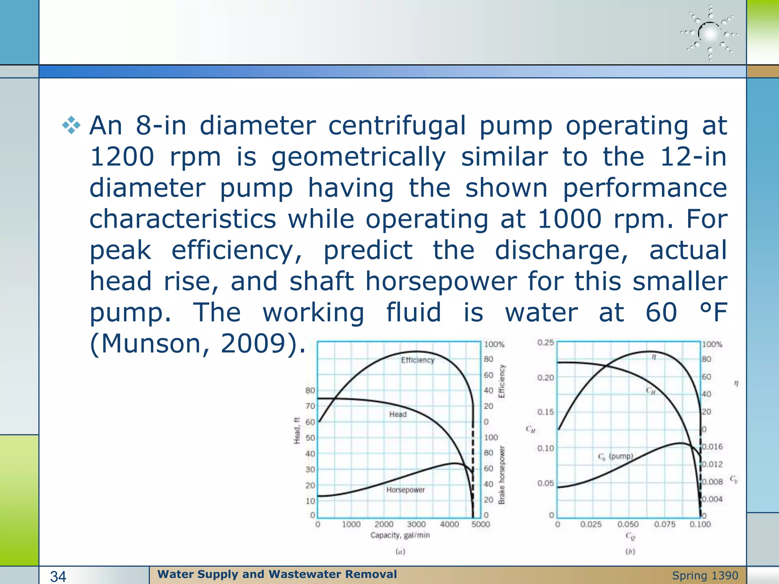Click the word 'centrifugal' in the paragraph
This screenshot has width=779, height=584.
397,126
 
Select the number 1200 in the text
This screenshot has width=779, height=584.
122,157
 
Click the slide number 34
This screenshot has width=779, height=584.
58,576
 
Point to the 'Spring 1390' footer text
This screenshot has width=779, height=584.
705,576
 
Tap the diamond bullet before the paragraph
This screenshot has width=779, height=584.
71,125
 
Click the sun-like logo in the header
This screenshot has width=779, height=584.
710,33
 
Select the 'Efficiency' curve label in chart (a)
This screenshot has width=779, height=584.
417,360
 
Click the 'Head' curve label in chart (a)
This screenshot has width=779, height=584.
398,414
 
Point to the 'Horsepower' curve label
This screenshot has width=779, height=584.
405,490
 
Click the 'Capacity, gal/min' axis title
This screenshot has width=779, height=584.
400,535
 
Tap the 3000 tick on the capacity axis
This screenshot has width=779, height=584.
416,524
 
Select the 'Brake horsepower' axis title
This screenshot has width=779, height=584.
502,475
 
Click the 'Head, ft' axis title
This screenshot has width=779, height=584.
297,430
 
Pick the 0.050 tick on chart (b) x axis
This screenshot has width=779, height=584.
628,524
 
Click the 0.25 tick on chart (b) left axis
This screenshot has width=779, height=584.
545,343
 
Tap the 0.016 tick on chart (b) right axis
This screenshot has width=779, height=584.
712,447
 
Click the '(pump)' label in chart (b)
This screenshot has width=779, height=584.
621,456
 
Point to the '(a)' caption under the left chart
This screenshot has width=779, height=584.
400,552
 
